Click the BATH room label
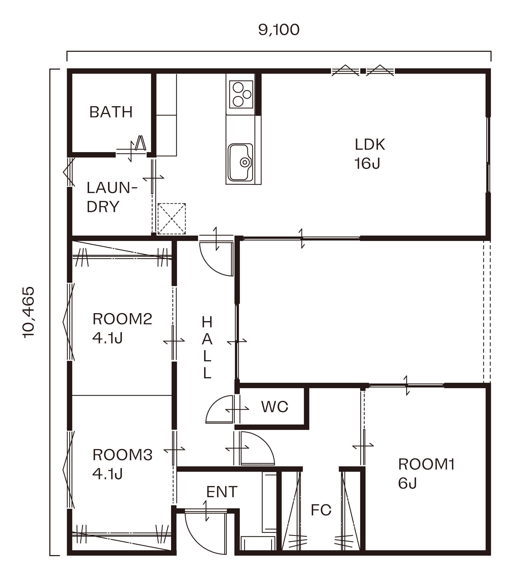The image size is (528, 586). [x=111, y=112]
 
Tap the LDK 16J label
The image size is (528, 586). [x=370, y=154]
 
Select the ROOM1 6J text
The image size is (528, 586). [x=426, y=474]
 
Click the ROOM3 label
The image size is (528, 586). [x=122, y=455]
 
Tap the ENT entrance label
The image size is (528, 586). [x=222, y=492]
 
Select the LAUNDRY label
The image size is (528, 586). [x=112, y=197]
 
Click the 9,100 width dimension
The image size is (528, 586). [x=279, y=30]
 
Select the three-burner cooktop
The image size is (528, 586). [x=241, y=94]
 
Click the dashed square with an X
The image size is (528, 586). [x=172, y=219]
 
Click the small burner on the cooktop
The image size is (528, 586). [x=247, y=94]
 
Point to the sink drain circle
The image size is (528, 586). [x=245, y=162]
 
